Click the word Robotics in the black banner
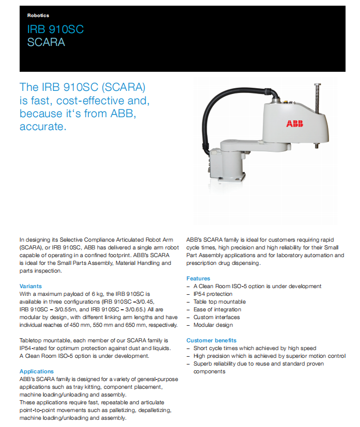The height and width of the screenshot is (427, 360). pyautogui.click(x=38, y=16)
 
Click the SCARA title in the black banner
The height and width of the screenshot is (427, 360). pyautogui.click(x=46, y=42)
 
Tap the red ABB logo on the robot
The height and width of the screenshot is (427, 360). pyautogui.click(x=295, y=123)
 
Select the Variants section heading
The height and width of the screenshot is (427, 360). pyautogui.click(x=30, y=286)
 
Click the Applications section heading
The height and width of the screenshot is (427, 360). pyautogui.click(x=37, y=371)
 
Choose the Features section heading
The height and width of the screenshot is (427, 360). pyautogui.click(x=198, y=278)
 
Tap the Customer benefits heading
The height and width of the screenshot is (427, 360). pyautogui.click(x=211, y=340)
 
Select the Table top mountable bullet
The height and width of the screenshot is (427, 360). pyautogui.click(x=220, y=302)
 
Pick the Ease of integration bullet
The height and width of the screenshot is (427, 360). pyautogui.click(x=217, y=309)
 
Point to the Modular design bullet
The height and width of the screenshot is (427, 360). pyautogui.click(x=213, y=325)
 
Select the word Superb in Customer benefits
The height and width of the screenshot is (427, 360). pyautogui.click(x=202, y=364)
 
